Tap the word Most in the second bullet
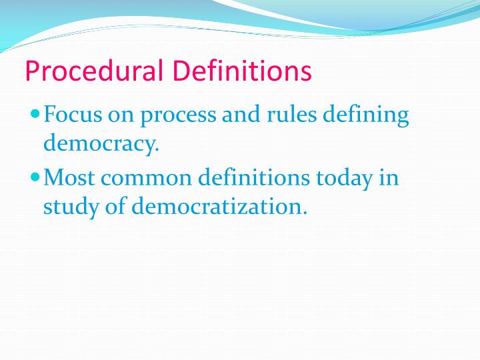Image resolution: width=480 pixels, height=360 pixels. (x=70, y=179)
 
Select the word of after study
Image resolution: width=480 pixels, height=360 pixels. (x=117, y=207)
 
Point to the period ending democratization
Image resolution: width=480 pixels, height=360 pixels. (x=305, y=213)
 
